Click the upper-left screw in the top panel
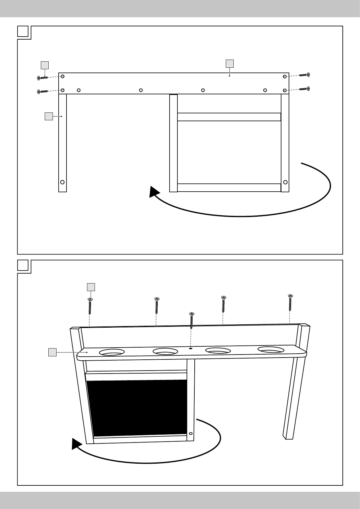coord(43,78)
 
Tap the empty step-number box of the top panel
coord(23,31)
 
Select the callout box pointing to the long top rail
coord(230,63)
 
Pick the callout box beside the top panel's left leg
coord(49,116)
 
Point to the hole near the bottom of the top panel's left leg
coord(62,182)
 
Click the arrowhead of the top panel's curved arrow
coord(154,192)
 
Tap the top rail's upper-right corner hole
coord(285,76)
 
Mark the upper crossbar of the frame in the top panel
coord(229,117)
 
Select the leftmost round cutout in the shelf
coord(112,352)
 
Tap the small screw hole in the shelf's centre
coord(191,348)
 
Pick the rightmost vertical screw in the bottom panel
coord(290,302)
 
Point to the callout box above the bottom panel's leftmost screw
coord(91,287)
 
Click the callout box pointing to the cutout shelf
coord(53,352)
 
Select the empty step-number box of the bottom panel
coord(23,265)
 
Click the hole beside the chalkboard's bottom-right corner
coord(190,433)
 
